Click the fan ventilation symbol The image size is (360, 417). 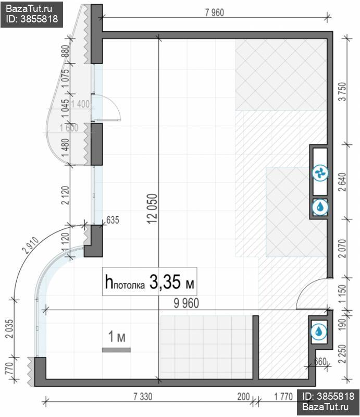click(320, 173)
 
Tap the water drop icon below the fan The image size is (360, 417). click(320, 206)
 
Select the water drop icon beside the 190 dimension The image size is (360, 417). click(318, 332)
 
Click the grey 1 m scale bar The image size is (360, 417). click(117, 350)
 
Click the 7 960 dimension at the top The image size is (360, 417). click(215, 13)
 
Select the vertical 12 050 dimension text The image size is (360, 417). click(153, 208)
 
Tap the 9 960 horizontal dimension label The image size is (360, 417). click(187, 303)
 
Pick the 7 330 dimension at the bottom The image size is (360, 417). click(143, 397)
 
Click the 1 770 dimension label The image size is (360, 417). click(283, 397)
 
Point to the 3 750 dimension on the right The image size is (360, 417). click(343, 92)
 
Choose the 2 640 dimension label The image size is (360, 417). click(342, 182)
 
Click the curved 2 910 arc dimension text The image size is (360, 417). click(31, 246)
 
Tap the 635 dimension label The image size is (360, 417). click(113, 220)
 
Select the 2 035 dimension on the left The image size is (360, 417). click(9, 328)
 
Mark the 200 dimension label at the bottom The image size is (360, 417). click(243, 397)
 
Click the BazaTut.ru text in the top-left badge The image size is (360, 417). click(29, 9)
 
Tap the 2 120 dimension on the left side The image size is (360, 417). click(65, 195)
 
